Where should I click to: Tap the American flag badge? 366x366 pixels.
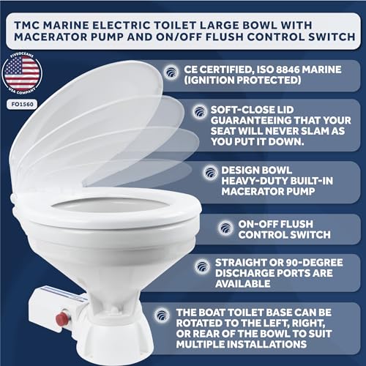point(22,73)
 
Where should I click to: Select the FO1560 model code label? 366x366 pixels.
point(22,105)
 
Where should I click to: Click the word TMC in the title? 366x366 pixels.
point(27,26)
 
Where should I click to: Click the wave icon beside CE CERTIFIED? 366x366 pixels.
point(171,72)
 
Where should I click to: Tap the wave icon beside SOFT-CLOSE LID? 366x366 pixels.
point(200,112)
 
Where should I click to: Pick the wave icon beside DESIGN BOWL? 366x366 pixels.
point(210,173)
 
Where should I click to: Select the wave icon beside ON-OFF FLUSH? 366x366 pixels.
point(225,228)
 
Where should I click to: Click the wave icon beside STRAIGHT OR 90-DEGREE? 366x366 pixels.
point(202,266)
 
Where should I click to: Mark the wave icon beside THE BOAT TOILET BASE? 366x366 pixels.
point(162,315)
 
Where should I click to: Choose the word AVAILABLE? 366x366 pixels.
point(243,284)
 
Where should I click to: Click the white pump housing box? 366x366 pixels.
point(56,309)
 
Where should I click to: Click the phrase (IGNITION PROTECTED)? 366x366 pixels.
point(242,80)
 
